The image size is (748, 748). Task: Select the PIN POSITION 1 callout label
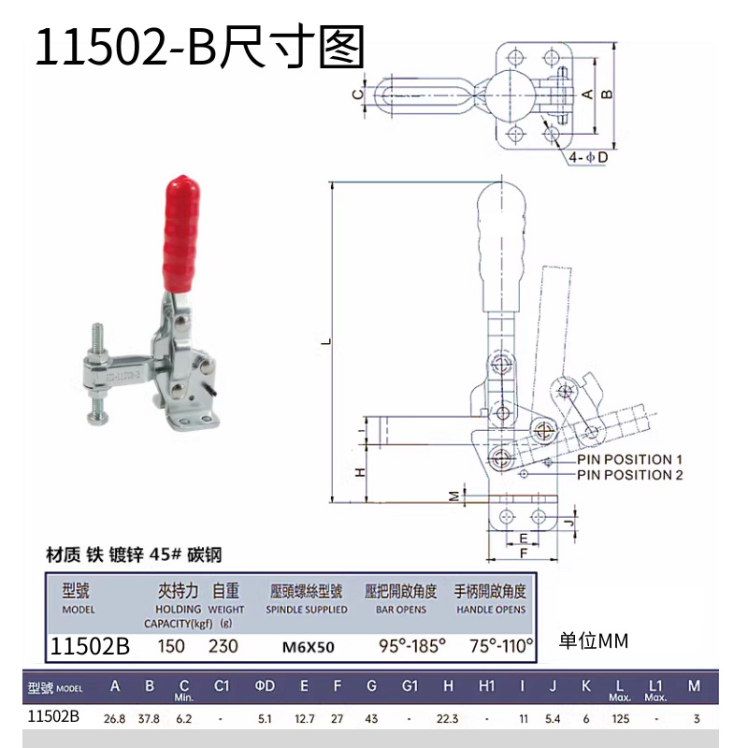click(x=630, y=459)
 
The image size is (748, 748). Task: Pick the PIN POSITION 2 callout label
click(x=630, y=475)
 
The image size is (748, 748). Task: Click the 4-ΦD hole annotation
click(x=589, y=158)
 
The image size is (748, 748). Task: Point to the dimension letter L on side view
click(x=326, y=342)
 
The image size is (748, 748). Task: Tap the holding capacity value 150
click(x=171, y=646)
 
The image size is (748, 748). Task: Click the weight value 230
click(x=223, y=646)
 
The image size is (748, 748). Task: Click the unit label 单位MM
click(x=594, y=641)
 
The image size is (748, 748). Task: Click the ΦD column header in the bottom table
click(x=266, y=687)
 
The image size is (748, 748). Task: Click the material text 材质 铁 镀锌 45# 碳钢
click(x=136, y=554)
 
